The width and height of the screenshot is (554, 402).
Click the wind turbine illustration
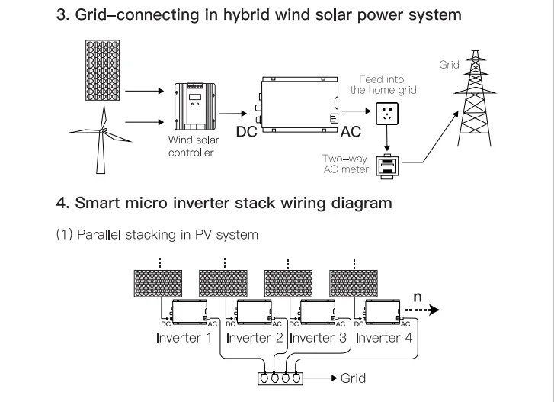pyautogui.click(x=102, y=141)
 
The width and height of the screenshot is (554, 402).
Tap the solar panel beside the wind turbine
pyautogui.click(x=102, y=70)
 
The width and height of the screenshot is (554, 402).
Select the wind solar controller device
pyautogui.click(x=195, y=107)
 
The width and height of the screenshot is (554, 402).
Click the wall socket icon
pyautogui.click(x=387, y=114)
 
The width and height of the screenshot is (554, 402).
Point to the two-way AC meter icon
pyautogui.click(x=387, y=167)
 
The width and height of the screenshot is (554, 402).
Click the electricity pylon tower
pyautogui.click(x=475, y=98)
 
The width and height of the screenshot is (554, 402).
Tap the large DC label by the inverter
pyautogui.click(x=247, y=132)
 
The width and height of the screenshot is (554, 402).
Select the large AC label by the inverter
pyautogui.click(x=351, y=132)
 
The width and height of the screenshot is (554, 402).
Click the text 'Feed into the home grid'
pyautogui.click(x=383, y=85)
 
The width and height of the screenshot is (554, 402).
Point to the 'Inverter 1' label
pyautogui.click(x=184, y=338)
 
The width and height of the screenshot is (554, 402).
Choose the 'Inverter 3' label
pyautogui.click(x=318, y=338)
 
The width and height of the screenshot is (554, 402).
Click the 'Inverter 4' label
pyautogui.click(x=384, y=338)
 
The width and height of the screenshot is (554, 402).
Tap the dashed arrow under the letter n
pyautogui.click(x=422, y=310)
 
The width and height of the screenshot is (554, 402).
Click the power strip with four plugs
pyautogui.click(x=280, y=378)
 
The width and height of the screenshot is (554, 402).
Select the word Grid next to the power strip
pyautogui.click(x=353, y=378)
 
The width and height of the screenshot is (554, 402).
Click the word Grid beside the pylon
pyautogui.click(x=449, y=65)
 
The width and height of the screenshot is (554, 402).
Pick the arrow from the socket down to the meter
pyautogui.click(x=387, y=138)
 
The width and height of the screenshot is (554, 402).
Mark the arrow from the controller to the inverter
pyautogui.click(x=233, y=114)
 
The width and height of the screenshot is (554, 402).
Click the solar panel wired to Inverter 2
pyautogui.click(x=223, y=284)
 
